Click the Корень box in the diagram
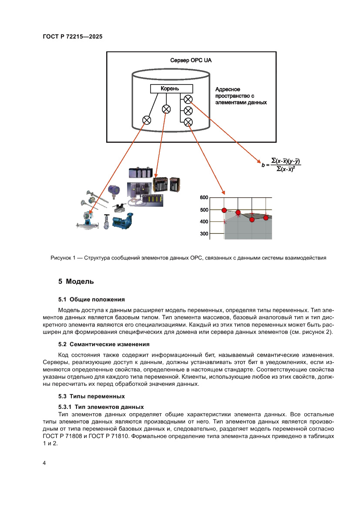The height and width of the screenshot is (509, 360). click(170, 88)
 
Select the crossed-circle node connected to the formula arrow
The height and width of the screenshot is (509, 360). click(188, 99)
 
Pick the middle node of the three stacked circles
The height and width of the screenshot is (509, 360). click(188, 110)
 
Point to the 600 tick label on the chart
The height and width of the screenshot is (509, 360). click(204, 198)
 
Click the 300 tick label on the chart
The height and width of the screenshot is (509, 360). click(204, 234)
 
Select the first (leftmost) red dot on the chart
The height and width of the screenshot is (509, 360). click(224, 210)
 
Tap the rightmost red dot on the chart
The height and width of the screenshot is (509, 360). click(266, 217)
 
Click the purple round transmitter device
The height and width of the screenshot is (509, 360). click(114, 190)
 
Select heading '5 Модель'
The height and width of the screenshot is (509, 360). click(77, 281)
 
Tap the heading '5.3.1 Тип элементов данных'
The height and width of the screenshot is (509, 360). click(101, 407)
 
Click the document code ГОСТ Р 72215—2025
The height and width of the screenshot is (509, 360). click(73, 37)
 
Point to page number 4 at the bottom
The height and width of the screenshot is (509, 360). click(44, 463)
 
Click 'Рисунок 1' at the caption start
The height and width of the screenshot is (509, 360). click(64, 258)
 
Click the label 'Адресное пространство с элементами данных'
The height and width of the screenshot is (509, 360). click(241, 96)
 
